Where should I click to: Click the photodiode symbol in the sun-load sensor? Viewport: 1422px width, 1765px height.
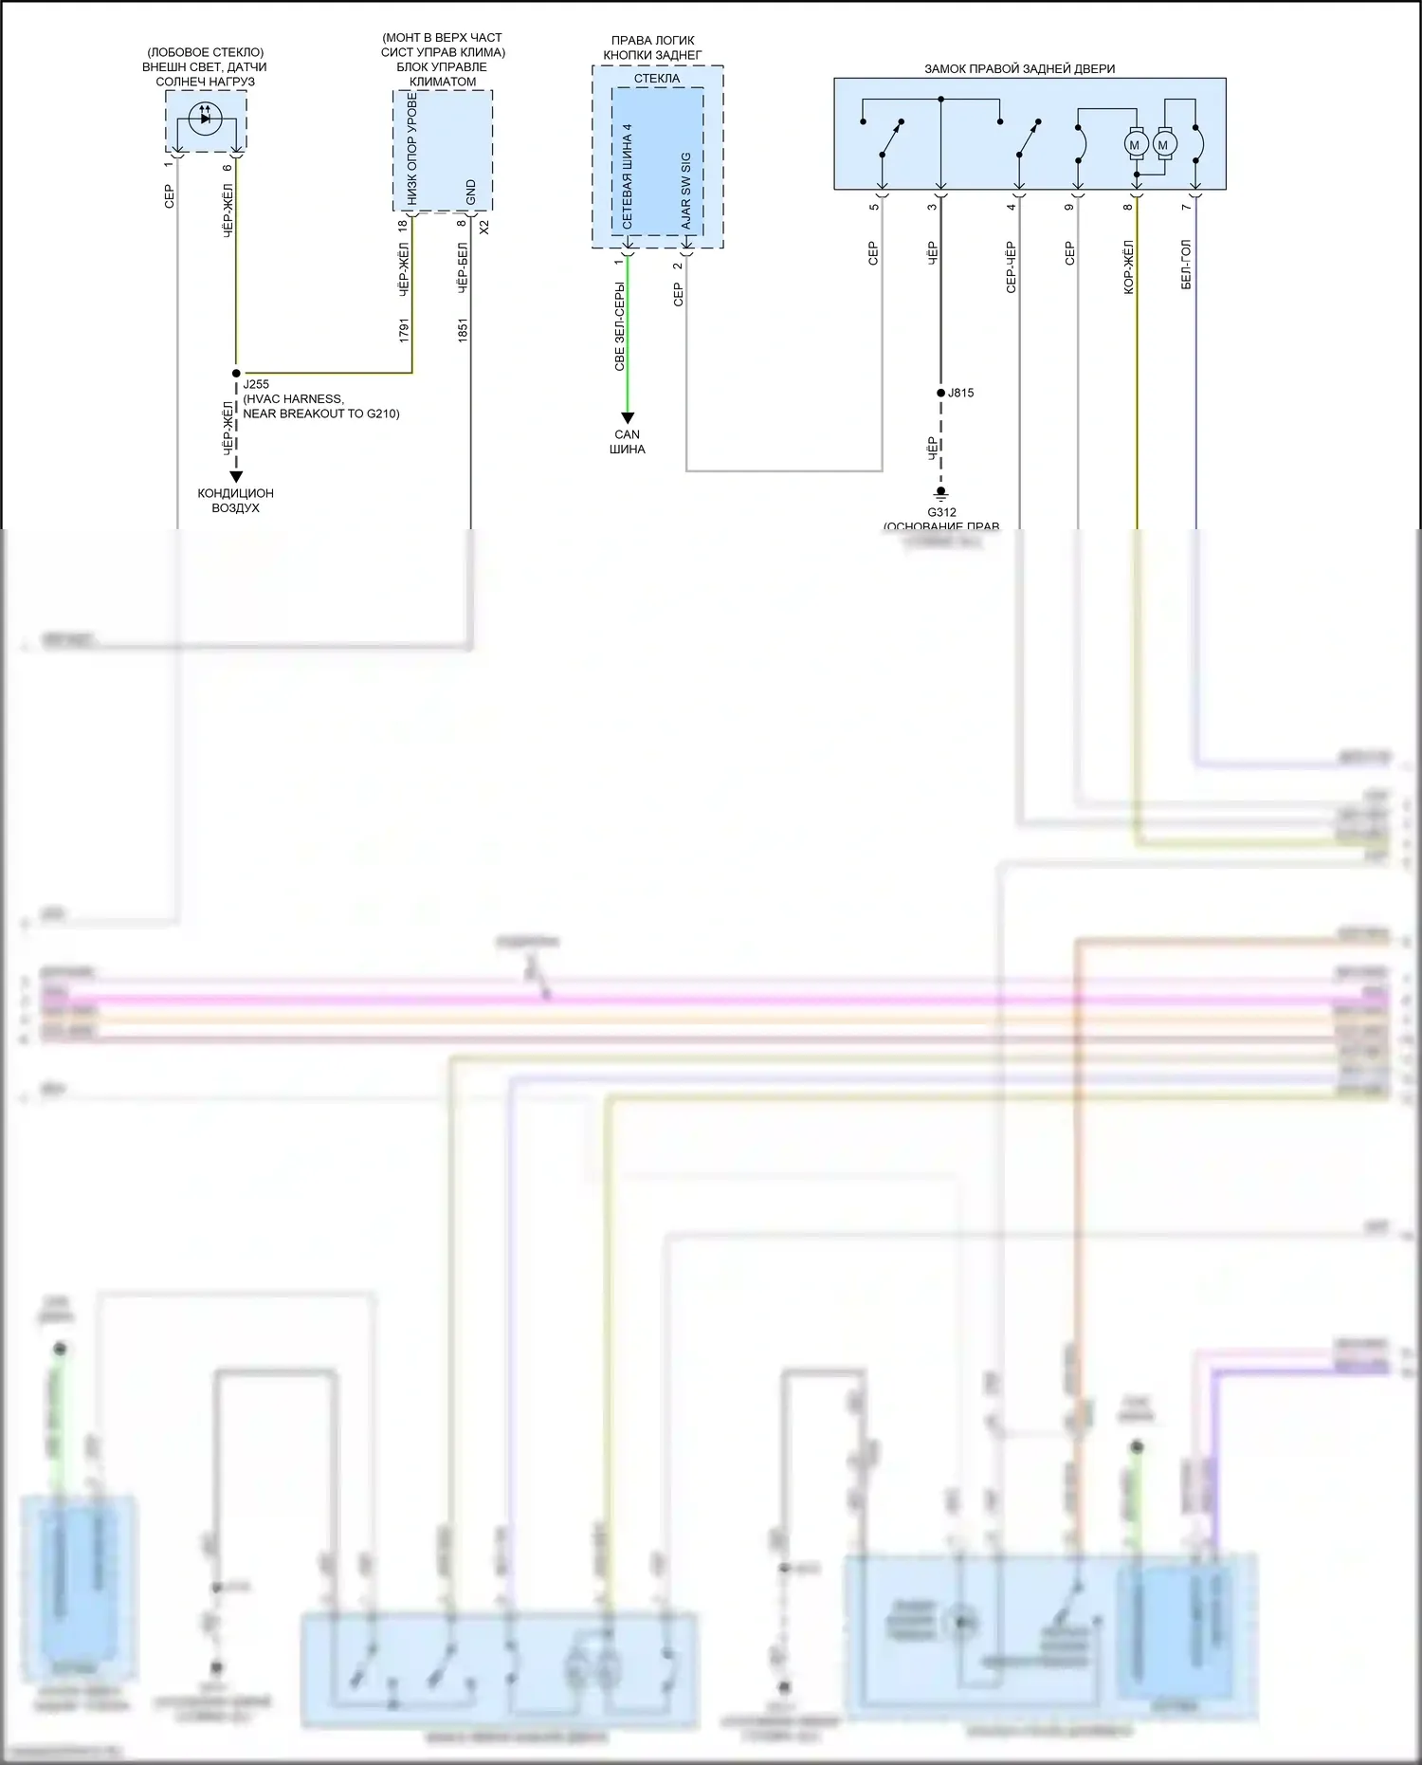pyautogui.click(x=205, y=118)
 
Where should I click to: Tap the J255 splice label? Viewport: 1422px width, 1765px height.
pyautogui.click(x=256, y=384)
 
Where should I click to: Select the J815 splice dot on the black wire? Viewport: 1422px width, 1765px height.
pyautogui.click(x=940, y=393)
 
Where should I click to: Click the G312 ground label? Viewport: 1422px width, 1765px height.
pyautogui.click(x=941, y=512)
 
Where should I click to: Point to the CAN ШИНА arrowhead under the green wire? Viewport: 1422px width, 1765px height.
pyautogui.click(x=627, y=418)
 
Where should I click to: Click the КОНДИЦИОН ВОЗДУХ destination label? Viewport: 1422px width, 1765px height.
pyautogui.click(x=235, y=500)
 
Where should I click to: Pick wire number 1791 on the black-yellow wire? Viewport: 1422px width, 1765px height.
pyautogui.click(x=404, y=330)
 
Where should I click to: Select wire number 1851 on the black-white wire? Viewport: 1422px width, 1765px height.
pyautogui.click(x=463, y=330)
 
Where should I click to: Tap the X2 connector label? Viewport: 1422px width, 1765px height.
pyautogui.click(x=483, y=228)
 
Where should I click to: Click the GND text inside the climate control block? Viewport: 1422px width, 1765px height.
pyautogui.click(x=471, y=193)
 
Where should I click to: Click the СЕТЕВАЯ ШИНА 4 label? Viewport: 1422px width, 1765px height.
pyautogui.click(x=627, y=175)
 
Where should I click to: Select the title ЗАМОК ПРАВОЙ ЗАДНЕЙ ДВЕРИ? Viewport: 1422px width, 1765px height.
pyautogui.click(x=1019, y=68)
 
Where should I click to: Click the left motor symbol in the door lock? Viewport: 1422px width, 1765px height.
pyautogui.click(x=1135, y=145)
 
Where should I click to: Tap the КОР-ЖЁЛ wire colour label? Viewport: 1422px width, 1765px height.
pyautogui.click(x=1128, y=267)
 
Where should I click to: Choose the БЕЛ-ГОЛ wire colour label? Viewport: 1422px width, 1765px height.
pyautogui.click(x=1186, y=265)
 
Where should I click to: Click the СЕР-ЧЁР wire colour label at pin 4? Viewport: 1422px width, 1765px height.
pyautogui.click(x=1011, y=267)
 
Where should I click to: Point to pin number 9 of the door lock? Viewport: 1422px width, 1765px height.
pyautogui.click(x=1069, y=207)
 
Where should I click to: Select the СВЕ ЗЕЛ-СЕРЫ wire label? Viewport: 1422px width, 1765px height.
pyautogui.click(x=619, y=325)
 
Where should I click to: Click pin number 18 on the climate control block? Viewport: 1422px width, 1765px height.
pyautogui.click(x=403, y=226)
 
